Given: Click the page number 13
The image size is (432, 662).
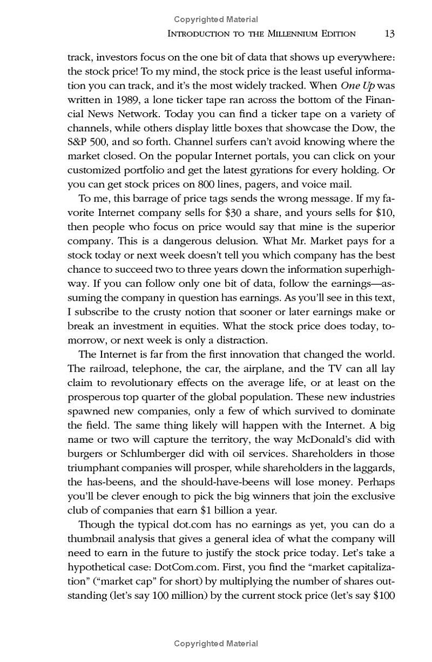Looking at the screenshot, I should coord(389,33).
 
